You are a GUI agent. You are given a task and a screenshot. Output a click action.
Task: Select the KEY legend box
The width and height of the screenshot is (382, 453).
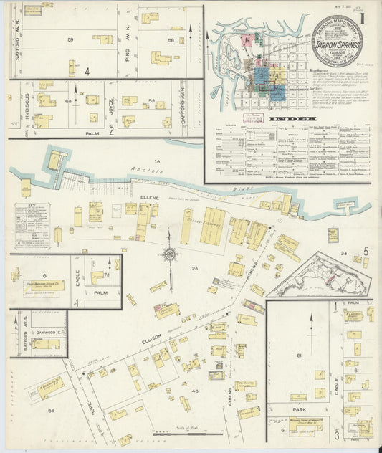32,224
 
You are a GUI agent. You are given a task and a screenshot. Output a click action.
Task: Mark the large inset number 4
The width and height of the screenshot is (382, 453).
87,72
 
